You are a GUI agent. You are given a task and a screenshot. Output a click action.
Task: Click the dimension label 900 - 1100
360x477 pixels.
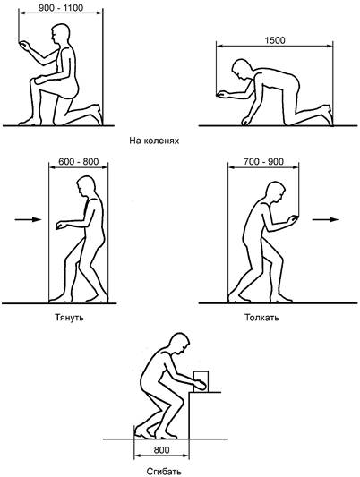click(x=61, y=8)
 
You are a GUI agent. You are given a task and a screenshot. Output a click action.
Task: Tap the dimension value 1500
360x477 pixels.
click(x=275, y=40)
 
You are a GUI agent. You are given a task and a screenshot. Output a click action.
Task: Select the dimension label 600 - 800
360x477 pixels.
click(x=79, y=161)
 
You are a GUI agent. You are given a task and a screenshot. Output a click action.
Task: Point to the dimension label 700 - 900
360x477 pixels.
click(x=263, y=161)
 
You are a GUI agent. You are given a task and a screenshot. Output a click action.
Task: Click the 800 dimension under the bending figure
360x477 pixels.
click(x=161, y=450)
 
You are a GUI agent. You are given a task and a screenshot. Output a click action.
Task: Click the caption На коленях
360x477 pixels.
click(x=154, y=141)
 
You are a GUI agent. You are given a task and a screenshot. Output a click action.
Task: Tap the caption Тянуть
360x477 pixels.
click(x=69, y=318)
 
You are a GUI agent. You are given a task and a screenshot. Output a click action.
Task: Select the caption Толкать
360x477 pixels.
click(x=261, y=318)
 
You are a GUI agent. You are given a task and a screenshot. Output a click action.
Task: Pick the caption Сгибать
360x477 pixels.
click(x=164, y=472)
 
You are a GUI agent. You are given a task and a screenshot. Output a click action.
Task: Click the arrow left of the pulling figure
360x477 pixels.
click(x=28, y=219)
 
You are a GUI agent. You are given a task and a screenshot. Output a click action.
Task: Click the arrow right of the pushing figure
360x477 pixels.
click(x=325, y=219)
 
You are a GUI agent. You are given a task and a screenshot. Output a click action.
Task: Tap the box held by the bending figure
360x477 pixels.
click(x=201, y=381)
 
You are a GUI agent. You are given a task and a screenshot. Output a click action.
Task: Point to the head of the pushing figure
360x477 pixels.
click(x=276, y=192)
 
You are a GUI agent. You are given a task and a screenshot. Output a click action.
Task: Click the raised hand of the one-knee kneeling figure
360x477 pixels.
click(x=25, y=46)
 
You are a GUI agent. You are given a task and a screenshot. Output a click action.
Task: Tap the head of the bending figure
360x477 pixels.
click(x=179, y=344)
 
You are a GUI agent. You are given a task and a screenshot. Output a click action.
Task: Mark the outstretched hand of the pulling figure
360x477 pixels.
click(x=62, y=225)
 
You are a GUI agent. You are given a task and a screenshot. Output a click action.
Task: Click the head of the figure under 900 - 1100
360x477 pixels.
click(x=60, y=34)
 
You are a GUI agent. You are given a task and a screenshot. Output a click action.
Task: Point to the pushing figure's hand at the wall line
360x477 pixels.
click(x=292, y=219)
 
